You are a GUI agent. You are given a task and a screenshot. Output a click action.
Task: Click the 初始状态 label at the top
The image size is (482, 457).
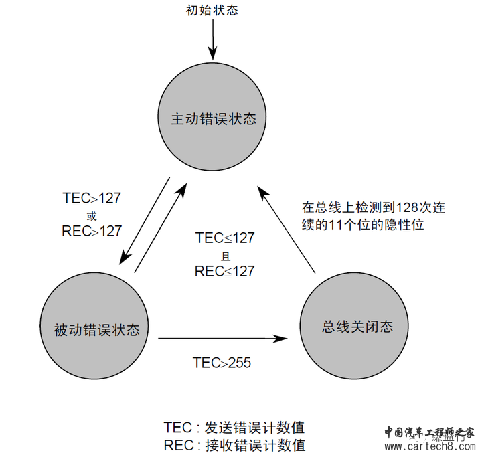pos(212,10)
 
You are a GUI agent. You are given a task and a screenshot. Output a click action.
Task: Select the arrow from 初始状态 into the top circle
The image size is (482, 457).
pos(212,41)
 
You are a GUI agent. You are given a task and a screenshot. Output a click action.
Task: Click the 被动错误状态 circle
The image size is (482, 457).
pos(97,330)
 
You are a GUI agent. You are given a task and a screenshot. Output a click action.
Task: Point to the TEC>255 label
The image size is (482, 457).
pos(222,363)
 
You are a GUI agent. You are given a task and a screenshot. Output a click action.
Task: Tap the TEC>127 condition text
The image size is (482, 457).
pos(92,198)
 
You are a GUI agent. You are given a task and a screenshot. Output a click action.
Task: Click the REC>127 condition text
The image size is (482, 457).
pos(92,232)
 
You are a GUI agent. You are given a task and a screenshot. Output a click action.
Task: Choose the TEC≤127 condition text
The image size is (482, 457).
pos(225,238)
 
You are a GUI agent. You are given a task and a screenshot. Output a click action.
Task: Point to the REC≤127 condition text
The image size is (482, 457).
pos(225,271)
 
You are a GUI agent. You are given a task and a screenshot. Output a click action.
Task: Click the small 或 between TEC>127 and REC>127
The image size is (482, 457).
pos(92,215)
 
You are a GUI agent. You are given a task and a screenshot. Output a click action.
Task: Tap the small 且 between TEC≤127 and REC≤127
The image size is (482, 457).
pos(225,255)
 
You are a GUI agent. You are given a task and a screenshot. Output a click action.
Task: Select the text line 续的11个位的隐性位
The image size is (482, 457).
pos(363,225)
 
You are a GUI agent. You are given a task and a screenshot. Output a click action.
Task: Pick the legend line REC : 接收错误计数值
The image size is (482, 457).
pos(238,445)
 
